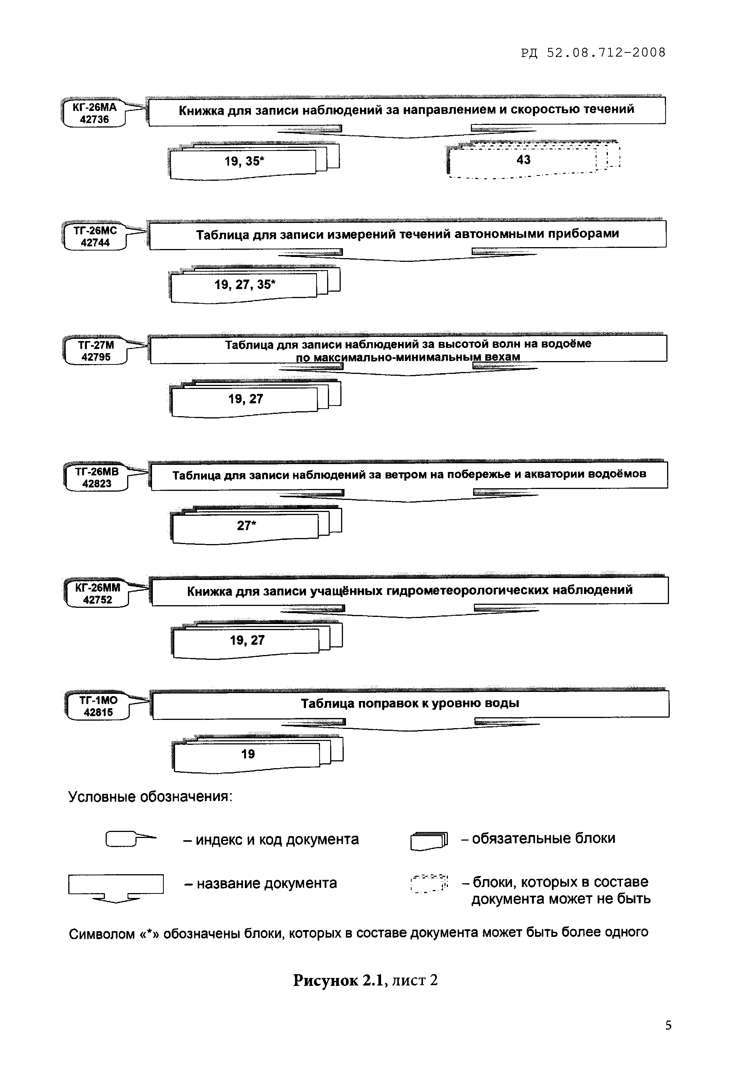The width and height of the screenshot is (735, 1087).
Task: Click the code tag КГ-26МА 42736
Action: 94,113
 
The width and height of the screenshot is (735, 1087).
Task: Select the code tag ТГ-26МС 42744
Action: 95,237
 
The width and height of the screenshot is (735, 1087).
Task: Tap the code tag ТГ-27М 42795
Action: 95,351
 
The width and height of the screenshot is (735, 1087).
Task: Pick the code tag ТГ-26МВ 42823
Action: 96,478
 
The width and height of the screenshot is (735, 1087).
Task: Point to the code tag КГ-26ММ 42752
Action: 97,593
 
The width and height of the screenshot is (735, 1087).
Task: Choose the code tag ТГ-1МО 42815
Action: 98,706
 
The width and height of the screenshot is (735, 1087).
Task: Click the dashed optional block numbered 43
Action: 523,160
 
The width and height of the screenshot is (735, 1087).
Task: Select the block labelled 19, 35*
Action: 244,161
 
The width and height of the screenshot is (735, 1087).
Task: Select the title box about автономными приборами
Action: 407,234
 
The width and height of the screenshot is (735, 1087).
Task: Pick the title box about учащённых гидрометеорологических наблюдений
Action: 410,590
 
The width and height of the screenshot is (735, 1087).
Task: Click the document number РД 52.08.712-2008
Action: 593,52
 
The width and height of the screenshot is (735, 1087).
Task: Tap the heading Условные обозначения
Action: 150,796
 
